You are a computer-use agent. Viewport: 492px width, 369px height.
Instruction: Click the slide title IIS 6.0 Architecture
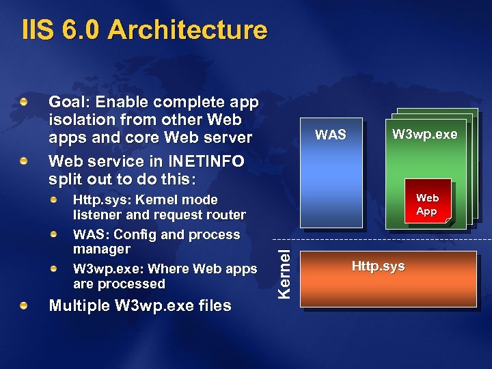[144, 30]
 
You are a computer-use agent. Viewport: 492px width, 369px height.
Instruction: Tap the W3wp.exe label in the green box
[424, 135]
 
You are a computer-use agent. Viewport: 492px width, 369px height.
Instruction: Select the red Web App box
[427, 203]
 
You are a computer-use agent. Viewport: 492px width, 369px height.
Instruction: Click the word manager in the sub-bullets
[101, 249]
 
